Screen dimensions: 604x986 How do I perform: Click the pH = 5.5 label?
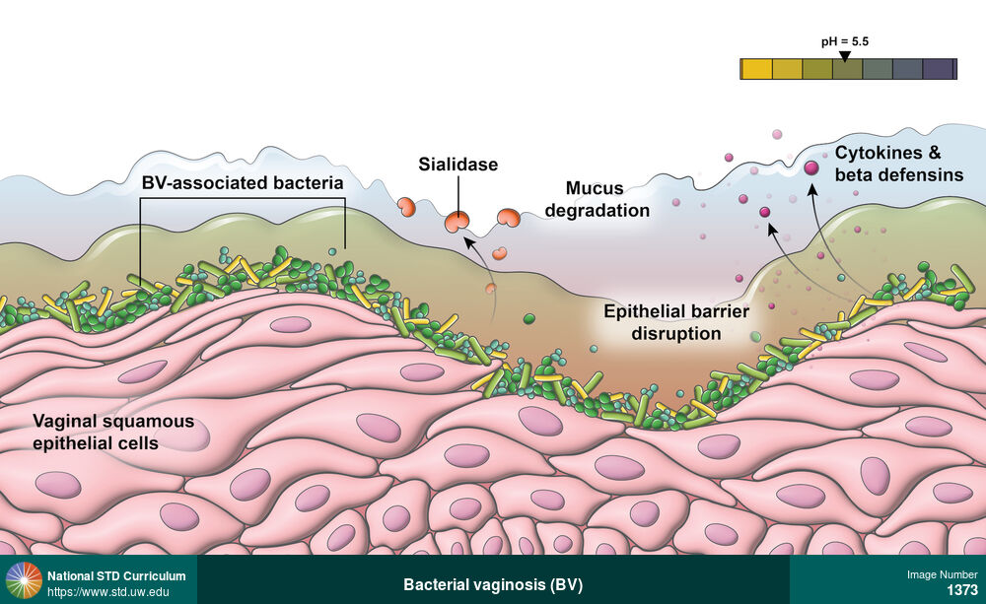coord(845,41)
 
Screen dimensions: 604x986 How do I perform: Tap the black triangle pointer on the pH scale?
coord(844,56)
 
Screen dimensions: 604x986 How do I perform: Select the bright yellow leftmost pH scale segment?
coord(756,69)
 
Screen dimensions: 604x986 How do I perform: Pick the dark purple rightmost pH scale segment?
coord(939,69)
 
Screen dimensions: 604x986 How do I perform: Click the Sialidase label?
coord(458,165)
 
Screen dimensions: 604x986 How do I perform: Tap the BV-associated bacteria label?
coord(242,183)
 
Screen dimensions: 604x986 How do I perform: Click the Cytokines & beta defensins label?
coord(898,165)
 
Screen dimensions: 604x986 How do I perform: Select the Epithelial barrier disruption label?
coord(676,323)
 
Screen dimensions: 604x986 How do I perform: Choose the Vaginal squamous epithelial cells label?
coord(113,433)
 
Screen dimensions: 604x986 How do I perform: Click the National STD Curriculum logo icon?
coord(24,580)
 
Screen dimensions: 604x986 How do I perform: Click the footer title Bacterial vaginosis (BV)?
coord(493,584)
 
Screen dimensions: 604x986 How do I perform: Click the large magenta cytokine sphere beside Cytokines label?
coord(811,168)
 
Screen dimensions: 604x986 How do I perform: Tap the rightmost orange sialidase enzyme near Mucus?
coord(509,218)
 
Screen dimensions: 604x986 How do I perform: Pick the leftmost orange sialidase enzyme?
coord(405,207)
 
